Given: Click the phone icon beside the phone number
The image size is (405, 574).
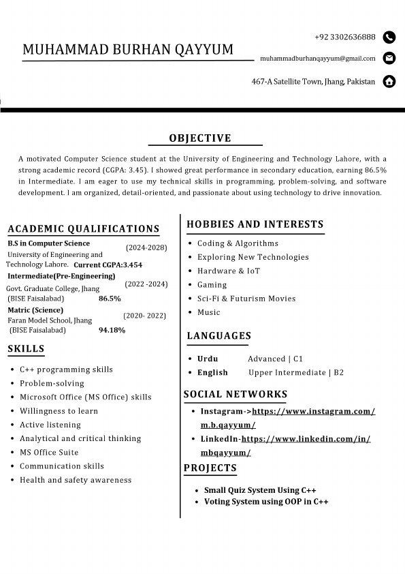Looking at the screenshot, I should click(x=389, y=37).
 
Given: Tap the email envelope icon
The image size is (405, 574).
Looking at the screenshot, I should click(x=389, y=58).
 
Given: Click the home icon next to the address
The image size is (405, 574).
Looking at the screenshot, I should click(x=389, y=82).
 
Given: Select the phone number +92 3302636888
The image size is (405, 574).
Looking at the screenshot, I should click(x=344, y=37).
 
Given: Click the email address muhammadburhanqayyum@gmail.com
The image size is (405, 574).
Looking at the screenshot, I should click(x=317, y=59).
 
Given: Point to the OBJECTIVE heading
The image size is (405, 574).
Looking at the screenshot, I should click(x=200, y=138).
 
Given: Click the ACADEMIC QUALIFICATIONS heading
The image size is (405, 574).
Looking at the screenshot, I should click(x=84, y=229).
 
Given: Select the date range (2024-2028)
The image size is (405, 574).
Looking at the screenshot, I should click(x=146, y=247).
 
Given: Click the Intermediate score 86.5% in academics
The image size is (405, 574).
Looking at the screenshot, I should click(x=110, y=299).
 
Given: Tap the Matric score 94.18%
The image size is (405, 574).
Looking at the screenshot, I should click(x=112, y=330).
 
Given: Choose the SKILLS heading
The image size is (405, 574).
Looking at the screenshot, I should click(x=26, y=349).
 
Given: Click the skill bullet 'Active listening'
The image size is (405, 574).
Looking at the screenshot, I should click(x=50, y=425).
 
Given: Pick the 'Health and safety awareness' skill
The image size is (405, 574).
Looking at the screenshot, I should click(x=76, y=480).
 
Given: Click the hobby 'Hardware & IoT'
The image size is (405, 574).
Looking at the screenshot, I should click(x=229, y=271).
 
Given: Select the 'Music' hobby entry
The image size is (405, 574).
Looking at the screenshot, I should click(x=209, y=312).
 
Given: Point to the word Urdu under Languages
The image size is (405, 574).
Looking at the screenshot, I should click(x=208, y=359).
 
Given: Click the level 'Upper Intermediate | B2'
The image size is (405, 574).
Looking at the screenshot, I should click(x=296, y=372).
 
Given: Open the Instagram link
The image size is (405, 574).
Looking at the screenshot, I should click(x=313, y=411).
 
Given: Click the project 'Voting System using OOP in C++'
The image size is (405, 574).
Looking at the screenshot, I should click(x=266, y=502).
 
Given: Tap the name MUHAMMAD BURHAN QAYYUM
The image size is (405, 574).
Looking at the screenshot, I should click(x=128, y=49).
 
